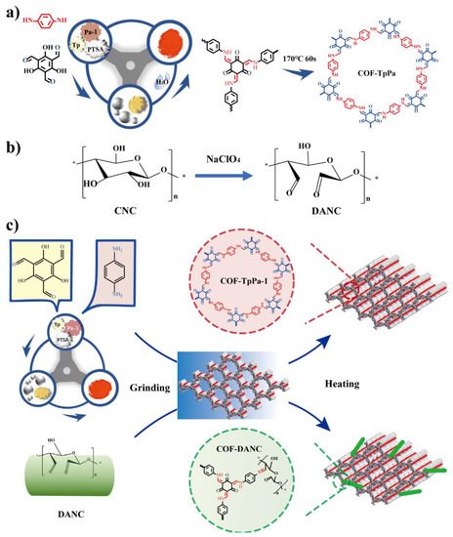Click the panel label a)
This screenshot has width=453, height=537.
click(11, 11)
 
